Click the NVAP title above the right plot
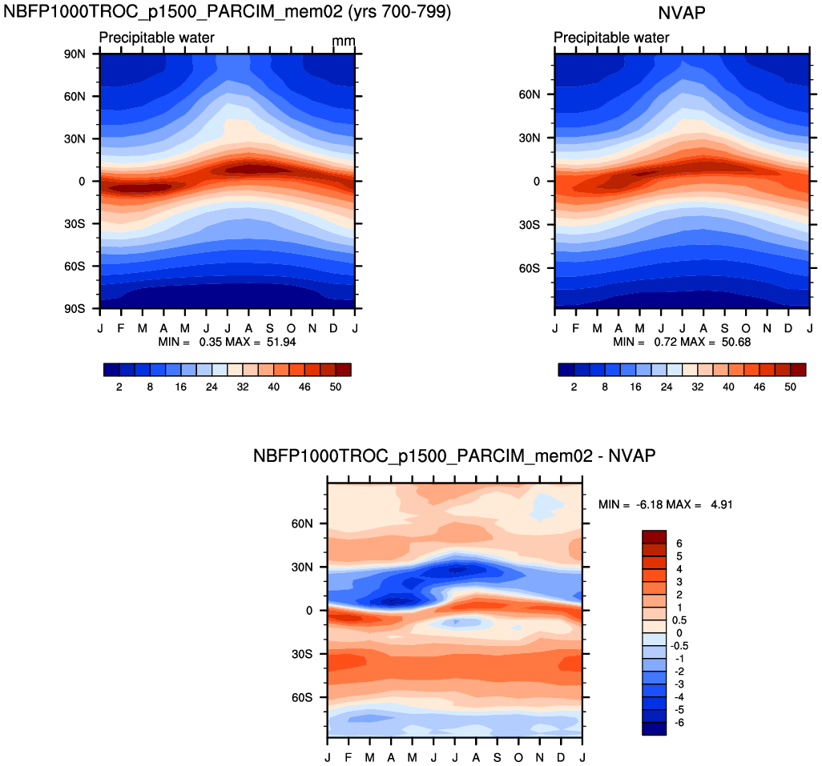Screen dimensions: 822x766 [x=682, y=13]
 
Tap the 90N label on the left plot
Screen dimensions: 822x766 [x=75, y=54]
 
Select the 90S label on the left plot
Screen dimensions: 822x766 [x=75, y=309]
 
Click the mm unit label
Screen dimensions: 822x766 [x=344, y=41]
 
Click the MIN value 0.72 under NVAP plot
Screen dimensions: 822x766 [x=664, y=342]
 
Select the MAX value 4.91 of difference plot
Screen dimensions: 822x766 [x=722, y=505]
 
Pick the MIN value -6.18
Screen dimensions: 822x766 [x=648, y=505]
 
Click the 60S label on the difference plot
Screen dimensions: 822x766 [x=302, y=697]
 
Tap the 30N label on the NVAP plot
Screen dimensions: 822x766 [x=530, y=138]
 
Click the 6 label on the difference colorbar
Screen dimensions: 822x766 [x=679, y=543]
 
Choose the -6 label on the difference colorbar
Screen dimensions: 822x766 [x=679, y=723]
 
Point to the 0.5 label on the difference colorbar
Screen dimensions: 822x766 [x=680, y=620]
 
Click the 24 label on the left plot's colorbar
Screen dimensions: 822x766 [x=212, y=387]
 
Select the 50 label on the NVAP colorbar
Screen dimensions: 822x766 [x=790, y=387]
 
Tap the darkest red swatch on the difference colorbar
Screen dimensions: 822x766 [x=655, y=536]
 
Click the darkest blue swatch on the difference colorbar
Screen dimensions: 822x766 [x=655, y=729]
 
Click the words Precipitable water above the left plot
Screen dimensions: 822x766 [x=157, y=38]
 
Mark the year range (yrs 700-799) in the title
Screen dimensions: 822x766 [x=400, y=11]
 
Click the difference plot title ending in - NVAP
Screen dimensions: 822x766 [x=454, y=455]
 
